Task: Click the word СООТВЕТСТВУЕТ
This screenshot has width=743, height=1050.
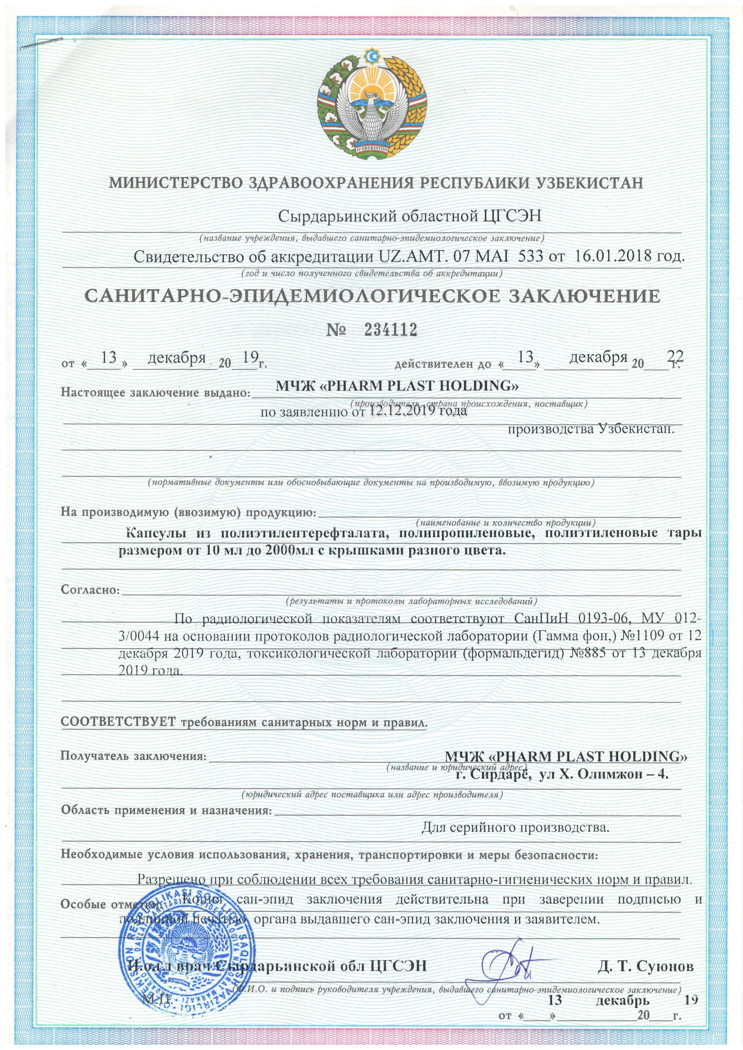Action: click(118, 723)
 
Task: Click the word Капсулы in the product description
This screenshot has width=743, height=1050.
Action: click(155, 533)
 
